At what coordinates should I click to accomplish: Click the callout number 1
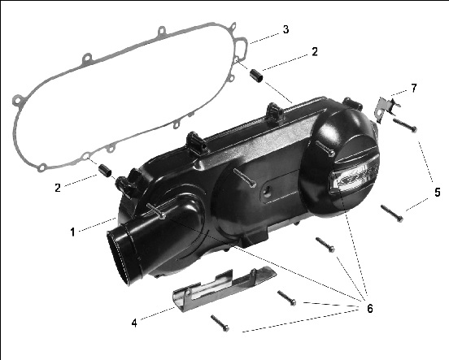[x=72, y=232]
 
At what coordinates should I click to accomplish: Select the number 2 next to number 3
[x=315, y=52]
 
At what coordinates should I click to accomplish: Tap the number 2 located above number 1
[x=58, y=188]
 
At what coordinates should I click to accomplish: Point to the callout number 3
[x=286, y=29]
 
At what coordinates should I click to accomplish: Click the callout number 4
[x=134, y=323]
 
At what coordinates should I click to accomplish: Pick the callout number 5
[x=437, y=193]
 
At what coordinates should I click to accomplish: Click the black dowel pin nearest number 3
[x=255, y=76]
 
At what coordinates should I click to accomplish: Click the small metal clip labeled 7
[x=387, y=109]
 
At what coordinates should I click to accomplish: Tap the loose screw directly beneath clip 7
[x=405, y=125]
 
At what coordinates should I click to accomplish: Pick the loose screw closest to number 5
[x=392, y=214]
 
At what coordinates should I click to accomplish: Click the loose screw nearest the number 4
[x=220, y=323]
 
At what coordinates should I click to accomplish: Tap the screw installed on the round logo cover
[x=325, y=148]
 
